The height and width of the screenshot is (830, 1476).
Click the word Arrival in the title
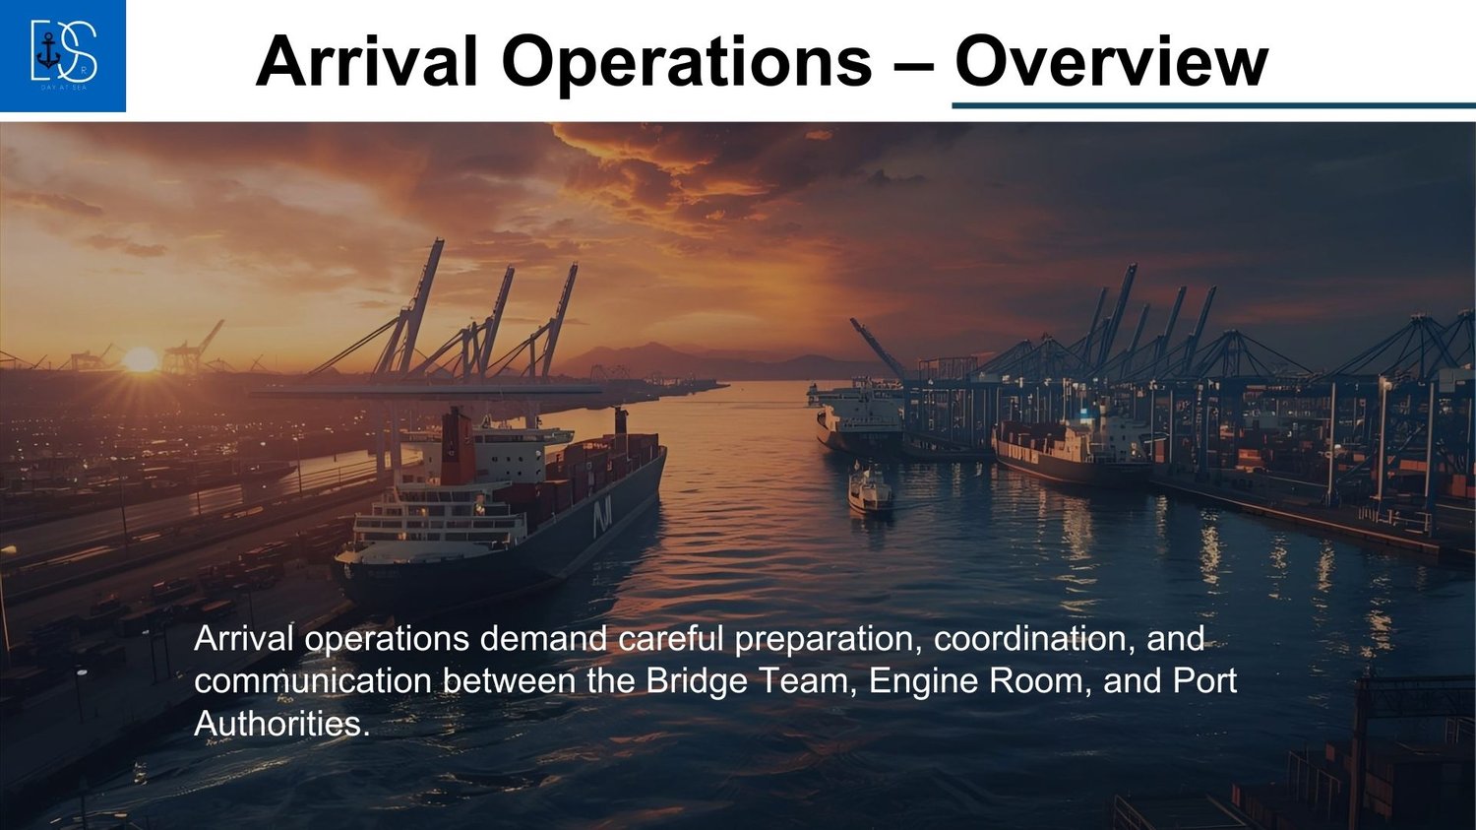coord(366,61)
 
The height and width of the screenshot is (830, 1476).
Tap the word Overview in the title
coord(1112,61)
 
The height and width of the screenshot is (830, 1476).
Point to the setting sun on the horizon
coord(141,360)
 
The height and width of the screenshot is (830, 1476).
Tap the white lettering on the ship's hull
coord(602,520)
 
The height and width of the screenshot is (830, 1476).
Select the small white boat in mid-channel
coord(870,490)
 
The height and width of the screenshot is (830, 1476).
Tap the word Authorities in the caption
coord(278,724)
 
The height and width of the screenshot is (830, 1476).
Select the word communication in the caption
coord(313,681)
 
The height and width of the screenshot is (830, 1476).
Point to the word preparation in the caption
coord(829,639)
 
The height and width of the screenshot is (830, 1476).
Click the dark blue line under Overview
coord(1213,105)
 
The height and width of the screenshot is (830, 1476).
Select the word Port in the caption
coord(1205,681)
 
